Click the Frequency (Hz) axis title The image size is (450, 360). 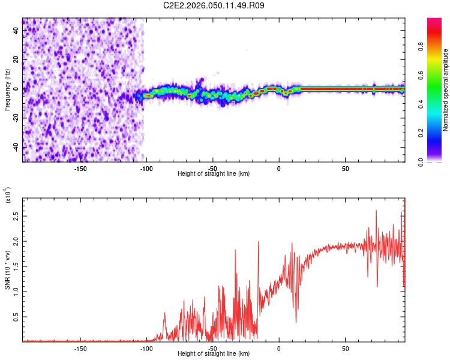[x=7, y=90]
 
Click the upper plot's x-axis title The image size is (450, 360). [x=214, y=173]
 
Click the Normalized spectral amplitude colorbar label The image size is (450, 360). [x=446, y=90]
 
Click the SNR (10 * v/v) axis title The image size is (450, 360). [x=7, y=270]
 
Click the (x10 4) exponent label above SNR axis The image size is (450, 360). [x=8, y=195]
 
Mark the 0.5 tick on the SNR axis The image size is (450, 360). [x=16, y=316]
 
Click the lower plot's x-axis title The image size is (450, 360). [x=214, y=353]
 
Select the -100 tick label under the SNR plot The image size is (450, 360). [x=146, y=347]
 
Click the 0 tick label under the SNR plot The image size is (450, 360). [x=279, y=347]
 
